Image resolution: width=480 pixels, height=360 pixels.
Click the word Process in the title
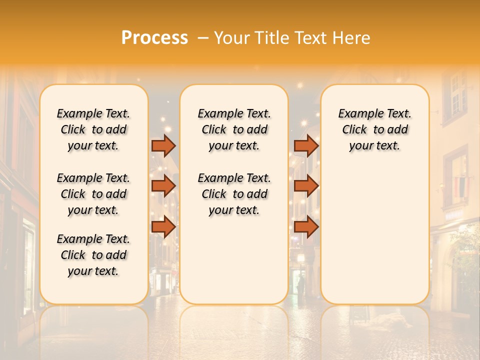pyautogui.click(x=154, y=38)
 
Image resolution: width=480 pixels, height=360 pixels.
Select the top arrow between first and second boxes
pyautogui.click(x=163, y=145)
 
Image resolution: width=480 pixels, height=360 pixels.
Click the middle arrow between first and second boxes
pyautogui.click(x=163, y=186)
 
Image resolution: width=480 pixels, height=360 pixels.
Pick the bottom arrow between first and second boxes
pyautogui.click(x=163, y=227)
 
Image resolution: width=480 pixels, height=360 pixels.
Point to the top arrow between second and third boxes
pyautogui.click(x=306, y=145)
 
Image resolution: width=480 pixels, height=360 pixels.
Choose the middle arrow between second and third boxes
pyautogui.click(x=306, y=186)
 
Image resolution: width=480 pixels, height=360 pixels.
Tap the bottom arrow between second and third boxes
pyautogui.click(x=306, y=227)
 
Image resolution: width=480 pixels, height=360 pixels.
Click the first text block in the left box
pyautogui.click(x=93, y=129)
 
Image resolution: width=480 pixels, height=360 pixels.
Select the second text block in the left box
pyautogui.click(x=93, y=194)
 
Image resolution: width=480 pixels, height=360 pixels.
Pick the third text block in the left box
pyautogui.click(x=93, y=255)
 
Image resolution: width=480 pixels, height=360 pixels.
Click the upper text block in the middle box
pyautogui.click(x=234, y=129)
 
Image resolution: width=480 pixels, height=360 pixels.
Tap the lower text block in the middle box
pyautogui.click(x=234, y=194)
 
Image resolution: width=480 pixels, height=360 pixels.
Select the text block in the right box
pyautogui.click(x=374, y=129)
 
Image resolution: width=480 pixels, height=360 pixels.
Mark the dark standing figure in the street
pyautogui.click(x=301, y=286)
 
